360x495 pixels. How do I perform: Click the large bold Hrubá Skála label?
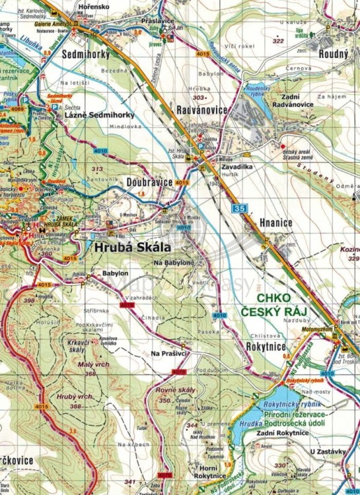[x=133, y=247]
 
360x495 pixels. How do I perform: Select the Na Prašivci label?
[x=170, y=354]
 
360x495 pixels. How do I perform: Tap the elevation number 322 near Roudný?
[x=278, y=41]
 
